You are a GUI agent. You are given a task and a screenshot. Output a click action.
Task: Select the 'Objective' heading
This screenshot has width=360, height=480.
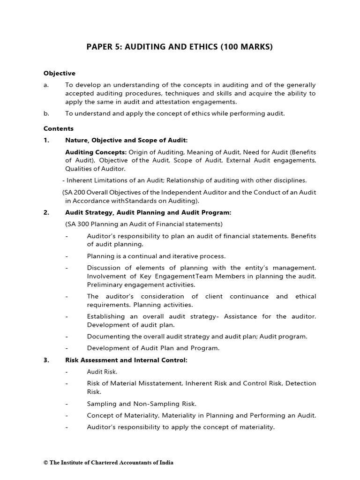pos(59,73)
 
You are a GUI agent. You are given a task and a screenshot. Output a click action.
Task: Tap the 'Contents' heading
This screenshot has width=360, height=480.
pos(59,128)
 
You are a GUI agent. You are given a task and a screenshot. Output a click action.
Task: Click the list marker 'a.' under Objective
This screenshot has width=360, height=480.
pos(46,85)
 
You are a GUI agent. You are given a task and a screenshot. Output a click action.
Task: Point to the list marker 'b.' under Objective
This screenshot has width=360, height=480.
pos(46,113)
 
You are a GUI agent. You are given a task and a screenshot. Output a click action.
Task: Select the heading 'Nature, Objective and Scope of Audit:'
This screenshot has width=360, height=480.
pos(126,140)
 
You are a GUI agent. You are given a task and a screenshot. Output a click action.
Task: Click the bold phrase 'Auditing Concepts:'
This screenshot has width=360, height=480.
pos(96,152)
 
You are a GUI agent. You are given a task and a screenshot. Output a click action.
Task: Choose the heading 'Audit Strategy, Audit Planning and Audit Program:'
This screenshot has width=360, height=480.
pos(148,212)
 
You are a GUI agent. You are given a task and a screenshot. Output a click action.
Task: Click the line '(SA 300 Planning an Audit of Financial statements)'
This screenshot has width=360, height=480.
pos(144,224)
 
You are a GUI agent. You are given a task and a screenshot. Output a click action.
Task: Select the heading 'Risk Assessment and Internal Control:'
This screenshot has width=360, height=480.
pos(126,360)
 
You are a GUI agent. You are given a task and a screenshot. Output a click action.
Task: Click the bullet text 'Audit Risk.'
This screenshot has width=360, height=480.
pos(102,372)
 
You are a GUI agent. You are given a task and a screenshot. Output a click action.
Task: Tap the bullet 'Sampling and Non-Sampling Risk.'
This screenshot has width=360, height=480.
pos(142,404)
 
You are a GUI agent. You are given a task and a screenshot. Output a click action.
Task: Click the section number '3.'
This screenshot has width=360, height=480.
pos(46,360)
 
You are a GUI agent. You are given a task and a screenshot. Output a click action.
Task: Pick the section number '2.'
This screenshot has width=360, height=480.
pos(46,212)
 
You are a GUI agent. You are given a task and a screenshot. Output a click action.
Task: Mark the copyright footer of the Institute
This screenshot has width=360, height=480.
pos(108,463)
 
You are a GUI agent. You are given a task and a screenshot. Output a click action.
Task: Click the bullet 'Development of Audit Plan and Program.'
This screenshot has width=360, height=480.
pos(153,348)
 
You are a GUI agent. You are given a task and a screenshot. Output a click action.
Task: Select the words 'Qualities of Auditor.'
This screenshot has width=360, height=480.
pos(95,169)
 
